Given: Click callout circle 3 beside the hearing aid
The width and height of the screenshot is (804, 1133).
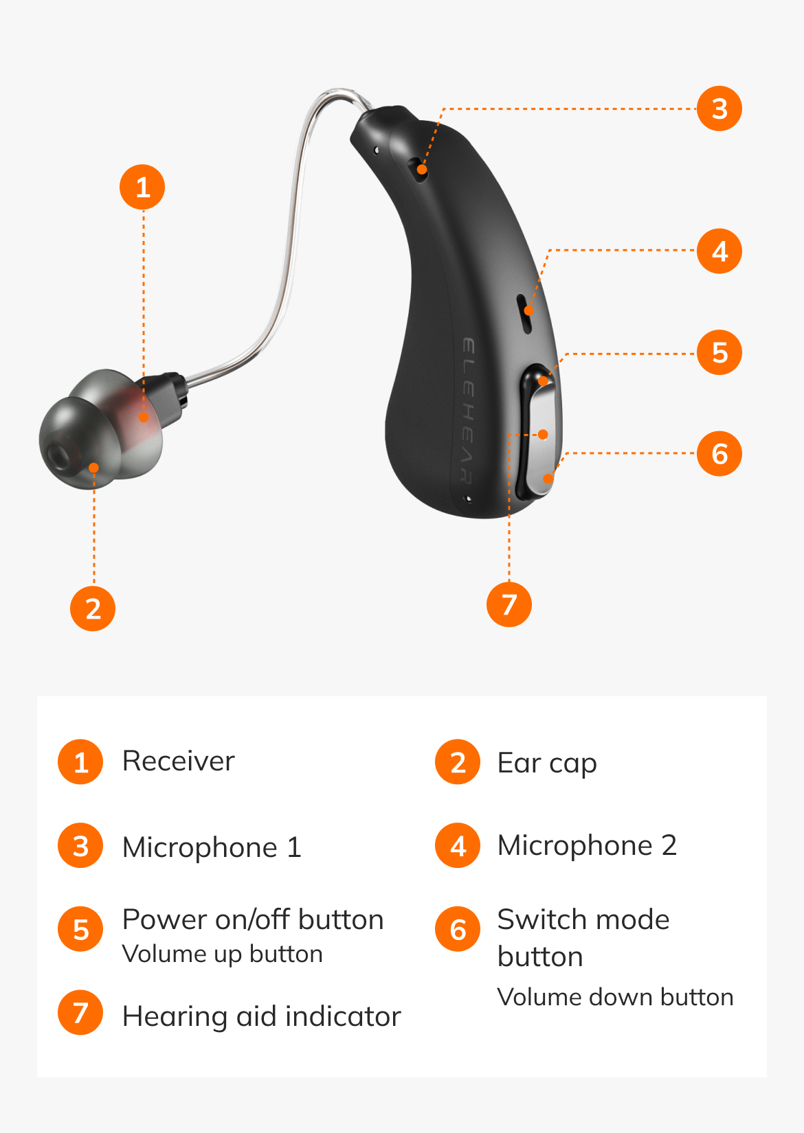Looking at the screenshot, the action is pos(719,108).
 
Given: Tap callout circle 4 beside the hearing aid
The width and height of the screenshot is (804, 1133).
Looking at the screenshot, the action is pos(719,251).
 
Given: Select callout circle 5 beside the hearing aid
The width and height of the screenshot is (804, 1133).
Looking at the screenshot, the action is pos(719,352).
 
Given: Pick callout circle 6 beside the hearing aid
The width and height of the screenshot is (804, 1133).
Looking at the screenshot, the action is pos(719,454).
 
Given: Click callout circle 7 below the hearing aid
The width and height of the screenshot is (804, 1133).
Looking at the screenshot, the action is pos(509,604).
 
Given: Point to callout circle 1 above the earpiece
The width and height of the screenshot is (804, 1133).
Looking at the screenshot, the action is pos(142,187).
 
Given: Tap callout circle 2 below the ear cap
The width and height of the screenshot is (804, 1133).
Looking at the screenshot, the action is pos(93,608).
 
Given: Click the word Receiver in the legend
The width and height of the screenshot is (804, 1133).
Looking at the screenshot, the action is pos(178,761).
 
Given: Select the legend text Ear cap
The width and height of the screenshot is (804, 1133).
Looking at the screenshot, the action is pos(547,764).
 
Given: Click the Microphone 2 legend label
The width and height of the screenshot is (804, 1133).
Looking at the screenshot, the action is pos(587,845).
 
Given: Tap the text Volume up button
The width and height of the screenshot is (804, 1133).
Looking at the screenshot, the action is pos(222,954).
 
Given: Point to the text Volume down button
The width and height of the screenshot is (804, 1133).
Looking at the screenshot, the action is pos(615,997).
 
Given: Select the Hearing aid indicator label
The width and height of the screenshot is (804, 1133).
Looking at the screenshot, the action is pos(262,1016).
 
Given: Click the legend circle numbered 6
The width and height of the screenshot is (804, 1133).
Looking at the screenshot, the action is pos(458,929).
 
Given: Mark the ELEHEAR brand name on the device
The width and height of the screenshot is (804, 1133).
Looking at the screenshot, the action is pos(468,411).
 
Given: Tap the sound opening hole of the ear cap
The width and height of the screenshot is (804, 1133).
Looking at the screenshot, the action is pos(57,456).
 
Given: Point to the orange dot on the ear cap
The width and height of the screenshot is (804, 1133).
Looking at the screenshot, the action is pos(93,468).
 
